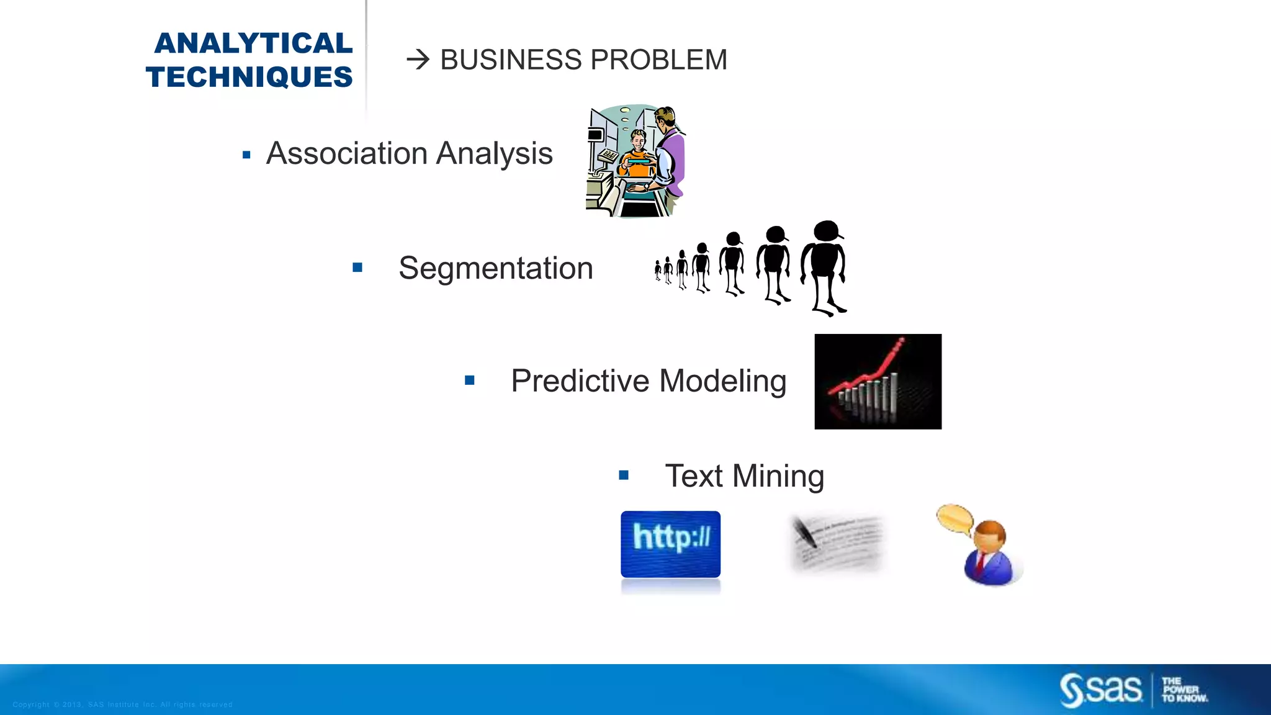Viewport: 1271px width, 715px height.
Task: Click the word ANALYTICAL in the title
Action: [x=253, y=43]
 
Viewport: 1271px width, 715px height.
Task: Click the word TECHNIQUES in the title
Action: [x=249, y=78]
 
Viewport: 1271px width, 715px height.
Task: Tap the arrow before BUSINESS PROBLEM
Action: [x=418, y=60]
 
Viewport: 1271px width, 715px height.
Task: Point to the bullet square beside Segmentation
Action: [x=357, y=268]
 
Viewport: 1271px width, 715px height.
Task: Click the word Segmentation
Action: [x=495, y=268]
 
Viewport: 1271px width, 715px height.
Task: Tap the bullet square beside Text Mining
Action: [x=624, y=476]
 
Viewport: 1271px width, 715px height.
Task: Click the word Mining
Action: [x=778, y=476]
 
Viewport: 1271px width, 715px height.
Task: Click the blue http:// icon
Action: [x=670, y=544]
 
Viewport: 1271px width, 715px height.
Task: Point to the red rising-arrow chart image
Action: [x=878, y=381]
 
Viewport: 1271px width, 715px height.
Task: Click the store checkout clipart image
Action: [x=635, y=161]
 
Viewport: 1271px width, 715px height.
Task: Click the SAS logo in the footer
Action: [x=1101, y=690]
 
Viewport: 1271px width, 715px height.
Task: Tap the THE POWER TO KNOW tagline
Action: [x=1184, y=690]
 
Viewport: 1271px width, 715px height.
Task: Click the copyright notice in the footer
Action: [x=122, y=704]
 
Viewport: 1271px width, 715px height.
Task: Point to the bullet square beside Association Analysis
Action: [x=246, y=155]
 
